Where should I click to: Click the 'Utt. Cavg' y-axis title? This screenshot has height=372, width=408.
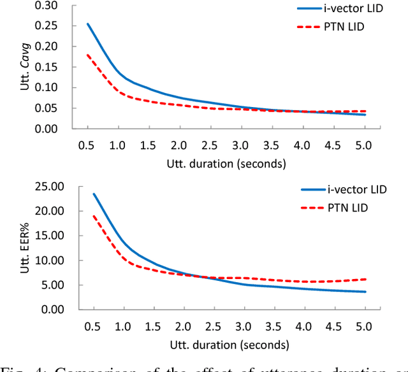coord(26,66)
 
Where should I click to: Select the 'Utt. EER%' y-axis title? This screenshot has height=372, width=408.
coord(26,247)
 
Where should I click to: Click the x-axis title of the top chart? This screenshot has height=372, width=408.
coord(226,163)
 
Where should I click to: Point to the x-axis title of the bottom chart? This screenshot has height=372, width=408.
coord(226,344)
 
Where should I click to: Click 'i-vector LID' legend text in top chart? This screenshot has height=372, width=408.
coord(364,9)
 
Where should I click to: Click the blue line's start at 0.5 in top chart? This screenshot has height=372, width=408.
coord(87,24)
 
